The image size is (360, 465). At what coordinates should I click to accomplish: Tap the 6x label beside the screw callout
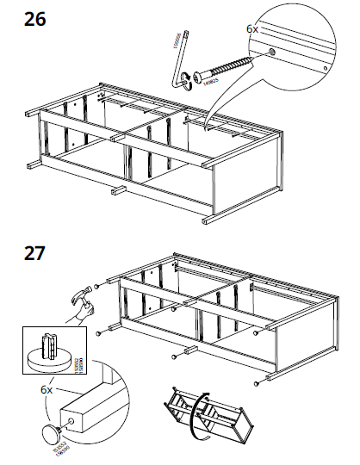click(x=251, y=28)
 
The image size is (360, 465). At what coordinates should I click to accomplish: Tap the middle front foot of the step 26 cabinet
click(x=121, y=189)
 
